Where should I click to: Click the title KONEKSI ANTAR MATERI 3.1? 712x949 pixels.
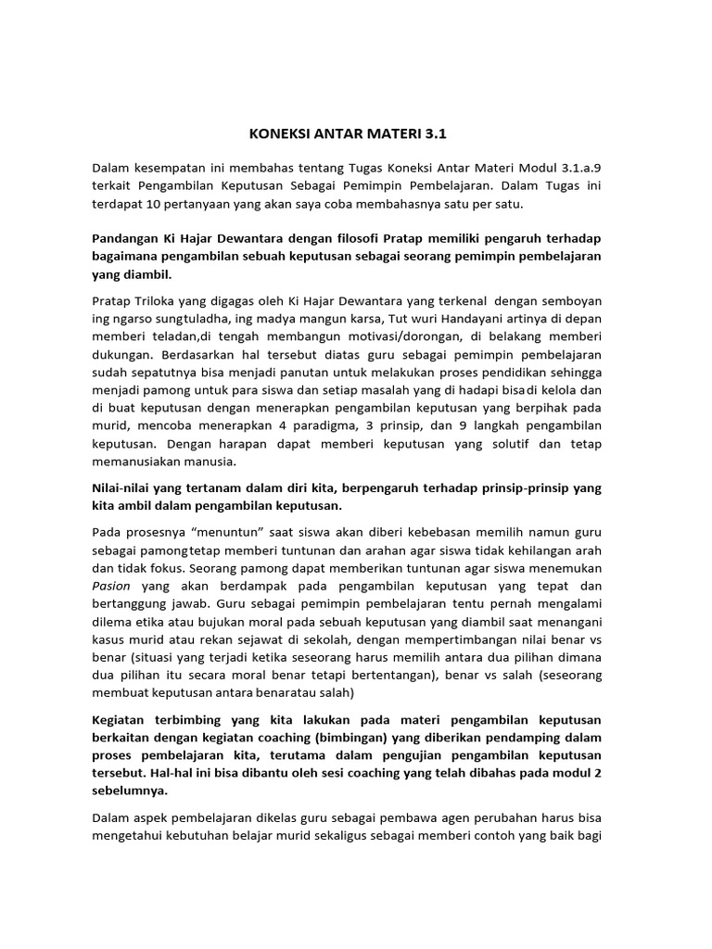tap(348, 133)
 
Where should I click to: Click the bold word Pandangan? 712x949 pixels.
tap(128, 238)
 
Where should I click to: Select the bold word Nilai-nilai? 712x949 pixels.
tap(124, 487)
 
